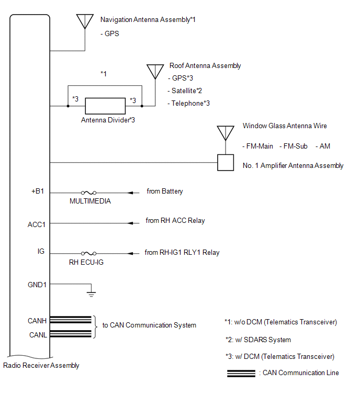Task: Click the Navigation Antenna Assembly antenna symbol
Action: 85,21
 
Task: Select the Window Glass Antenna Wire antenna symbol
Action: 226,133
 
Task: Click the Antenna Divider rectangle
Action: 105,106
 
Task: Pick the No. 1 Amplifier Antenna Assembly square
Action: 226,162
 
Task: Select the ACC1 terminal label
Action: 37,224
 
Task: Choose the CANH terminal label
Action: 37,320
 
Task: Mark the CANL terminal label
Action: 37,335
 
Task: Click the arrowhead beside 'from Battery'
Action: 131,193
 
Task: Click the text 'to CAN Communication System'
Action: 149,325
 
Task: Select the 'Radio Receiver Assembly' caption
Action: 41,366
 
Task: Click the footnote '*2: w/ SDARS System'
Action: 257,340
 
